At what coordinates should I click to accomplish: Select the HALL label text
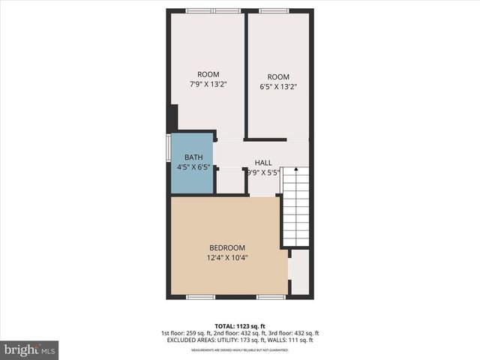click(x=262, y=163)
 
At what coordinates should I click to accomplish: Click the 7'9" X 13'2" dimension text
click(x=208, y=84)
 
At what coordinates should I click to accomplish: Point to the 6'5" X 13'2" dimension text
click(x=277, y=86)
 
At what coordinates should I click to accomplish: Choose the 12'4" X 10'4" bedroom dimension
click(x=226, y=258)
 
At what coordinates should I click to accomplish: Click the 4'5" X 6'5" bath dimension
click(x=193, y=167)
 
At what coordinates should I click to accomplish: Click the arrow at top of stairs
click(x=295, y=172)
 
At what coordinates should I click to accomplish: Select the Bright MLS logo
click(x=30, y=349)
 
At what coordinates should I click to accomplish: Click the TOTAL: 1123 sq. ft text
click(x=239, y=325)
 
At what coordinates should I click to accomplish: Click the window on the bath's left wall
click(x=167, y=148)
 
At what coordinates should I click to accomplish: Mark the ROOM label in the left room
click(x=208, y=74)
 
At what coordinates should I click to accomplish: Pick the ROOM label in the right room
click(x=277, y=76)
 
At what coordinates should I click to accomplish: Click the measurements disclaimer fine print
click(x=239, y=350)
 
